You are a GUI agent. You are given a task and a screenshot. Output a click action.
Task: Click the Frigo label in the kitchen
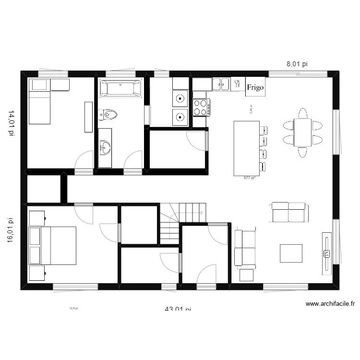(255, 87)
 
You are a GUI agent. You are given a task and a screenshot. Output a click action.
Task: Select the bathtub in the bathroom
(120, 89)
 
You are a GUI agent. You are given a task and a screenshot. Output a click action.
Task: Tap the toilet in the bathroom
(108, 115)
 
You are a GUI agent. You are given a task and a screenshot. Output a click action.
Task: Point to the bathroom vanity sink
(105, 147)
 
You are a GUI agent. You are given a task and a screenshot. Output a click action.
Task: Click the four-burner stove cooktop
(202, 107)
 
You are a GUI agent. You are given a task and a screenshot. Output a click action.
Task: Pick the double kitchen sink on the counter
(221, 84)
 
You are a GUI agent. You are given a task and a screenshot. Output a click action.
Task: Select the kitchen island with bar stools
(246, 148)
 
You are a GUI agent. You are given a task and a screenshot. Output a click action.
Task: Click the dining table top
(302, 132)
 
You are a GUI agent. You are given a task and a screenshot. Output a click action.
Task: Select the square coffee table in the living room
(291, 253)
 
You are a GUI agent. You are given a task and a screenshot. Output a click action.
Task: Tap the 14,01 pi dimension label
(11, 123)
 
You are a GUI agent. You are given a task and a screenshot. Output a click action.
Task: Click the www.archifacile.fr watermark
(330, 303)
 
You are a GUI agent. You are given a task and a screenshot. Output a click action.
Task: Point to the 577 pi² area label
(249, 178)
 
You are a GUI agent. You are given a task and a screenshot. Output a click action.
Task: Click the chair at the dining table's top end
(302, 113)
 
